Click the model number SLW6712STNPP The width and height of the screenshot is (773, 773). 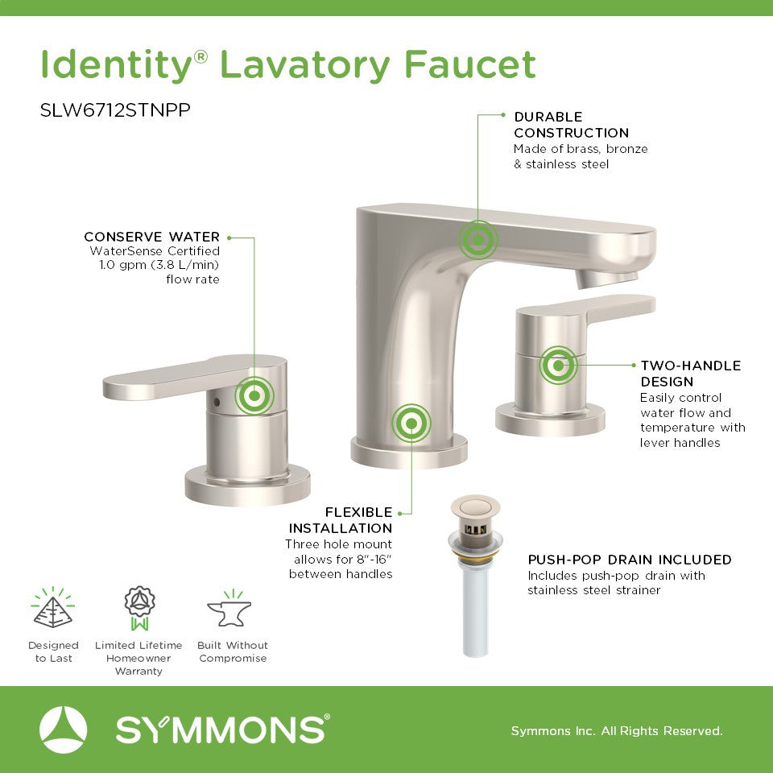[x=115, y=110]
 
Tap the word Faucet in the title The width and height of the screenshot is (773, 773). [x=469, y=64]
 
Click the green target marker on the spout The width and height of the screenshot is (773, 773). [x=477, y=240]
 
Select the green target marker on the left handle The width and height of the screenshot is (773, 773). [x=254, y=395]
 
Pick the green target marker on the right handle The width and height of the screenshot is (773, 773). [x=558, y=366]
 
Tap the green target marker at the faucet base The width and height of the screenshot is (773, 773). [x=411, y=423]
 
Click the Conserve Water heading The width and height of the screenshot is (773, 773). [x=152, y=237]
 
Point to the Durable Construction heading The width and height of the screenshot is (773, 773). [x=572, y=125]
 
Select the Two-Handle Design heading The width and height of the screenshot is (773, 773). [x=691, y=373]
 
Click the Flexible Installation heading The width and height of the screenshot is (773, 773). [x=341, y=520]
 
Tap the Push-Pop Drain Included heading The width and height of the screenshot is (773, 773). [x=630, y=560]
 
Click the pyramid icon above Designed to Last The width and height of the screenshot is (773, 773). [x=53, y=608]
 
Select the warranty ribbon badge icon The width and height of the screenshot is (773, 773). [x=139, y=608]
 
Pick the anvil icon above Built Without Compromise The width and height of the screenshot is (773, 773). [x=229, y=610]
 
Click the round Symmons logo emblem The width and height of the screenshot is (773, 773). [x=63, y=730]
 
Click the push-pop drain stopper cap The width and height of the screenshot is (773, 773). [x=475, y=506]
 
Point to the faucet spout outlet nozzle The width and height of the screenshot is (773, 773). [x=606, y=279]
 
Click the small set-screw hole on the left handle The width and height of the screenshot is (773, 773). [x=216, y=402]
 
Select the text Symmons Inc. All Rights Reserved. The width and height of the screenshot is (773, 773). [x=617, y=730]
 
